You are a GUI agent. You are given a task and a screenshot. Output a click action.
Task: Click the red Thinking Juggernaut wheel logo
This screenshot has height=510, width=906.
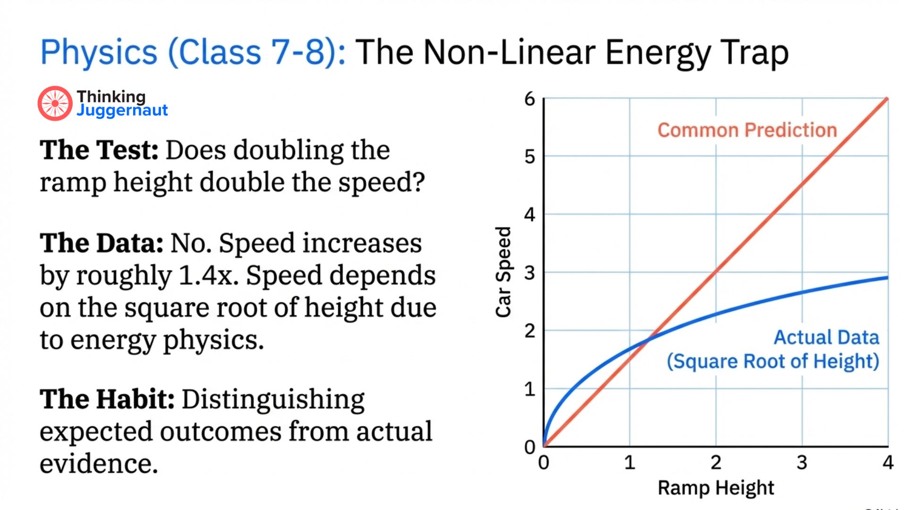(55, 103)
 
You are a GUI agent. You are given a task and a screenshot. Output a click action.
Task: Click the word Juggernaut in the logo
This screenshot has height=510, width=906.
(122, 110)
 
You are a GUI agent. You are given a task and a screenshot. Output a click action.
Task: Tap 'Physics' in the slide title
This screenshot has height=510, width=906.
(99, 52)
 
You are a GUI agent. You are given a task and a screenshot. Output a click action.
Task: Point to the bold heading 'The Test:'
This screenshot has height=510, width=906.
(99, 150)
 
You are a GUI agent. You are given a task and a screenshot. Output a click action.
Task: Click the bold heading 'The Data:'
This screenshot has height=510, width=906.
(101, 243)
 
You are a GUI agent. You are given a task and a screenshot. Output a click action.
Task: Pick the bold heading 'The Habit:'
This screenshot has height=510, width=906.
(107, 399)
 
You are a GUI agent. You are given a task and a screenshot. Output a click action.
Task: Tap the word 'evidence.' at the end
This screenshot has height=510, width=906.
(99, 463)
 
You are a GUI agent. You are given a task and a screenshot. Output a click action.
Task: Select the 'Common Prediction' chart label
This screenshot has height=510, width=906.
(747, 130)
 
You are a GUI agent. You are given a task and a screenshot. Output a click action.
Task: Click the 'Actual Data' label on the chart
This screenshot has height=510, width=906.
(826, 338)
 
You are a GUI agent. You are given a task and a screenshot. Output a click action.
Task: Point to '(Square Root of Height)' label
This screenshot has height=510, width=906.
(772, 362)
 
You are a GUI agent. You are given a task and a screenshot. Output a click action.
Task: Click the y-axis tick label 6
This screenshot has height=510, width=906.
(529, 99)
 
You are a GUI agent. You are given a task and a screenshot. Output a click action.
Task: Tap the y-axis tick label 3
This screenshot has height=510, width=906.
(529, 273)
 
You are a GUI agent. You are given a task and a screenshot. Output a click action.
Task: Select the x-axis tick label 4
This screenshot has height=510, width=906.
(888, 462)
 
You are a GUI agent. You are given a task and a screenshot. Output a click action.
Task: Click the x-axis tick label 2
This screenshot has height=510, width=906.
(716, 462)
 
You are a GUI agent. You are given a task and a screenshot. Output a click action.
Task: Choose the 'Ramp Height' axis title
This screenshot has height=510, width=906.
(716, 488)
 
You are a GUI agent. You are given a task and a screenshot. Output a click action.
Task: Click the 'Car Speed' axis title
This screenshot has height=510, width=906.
(503, 272)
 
